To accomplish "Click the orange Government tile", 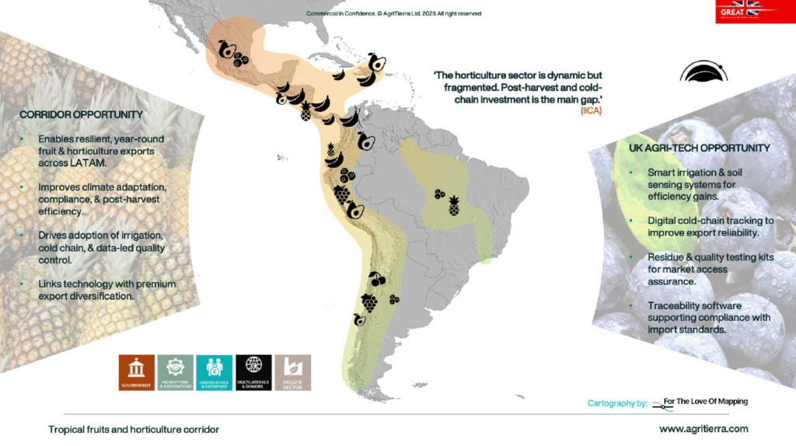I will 137,373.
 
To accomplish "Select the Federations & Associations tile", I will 175,373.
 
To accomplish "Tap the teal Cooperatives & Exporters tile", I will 214,373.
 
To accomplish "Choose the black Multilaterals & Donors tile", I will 253,373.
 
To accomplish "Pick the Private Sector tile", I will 292,373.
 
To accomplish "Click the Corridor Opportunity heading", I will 75,115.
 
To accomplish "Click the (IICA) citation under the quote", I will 591,111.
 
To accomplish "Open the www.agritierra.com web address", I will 703,429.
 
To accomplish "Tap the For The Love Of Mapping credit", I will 706,402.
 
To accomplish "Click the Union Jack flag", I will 749,7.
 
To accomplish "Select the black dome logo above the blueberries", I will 703,72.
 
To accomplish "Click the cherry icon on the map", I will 378,278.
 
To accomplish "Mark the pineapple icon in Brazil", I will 453,206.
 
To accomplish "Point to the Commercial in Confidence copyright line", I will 394,13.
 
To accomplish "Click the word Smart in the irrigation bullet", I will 662,171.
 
